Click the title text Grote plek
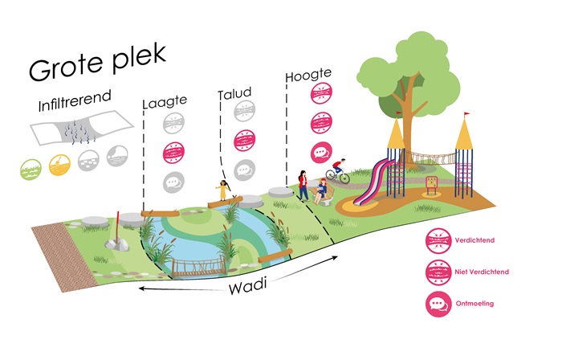(97, 62)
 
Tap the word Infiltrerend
(75, 100)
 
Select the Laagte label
(165, 102)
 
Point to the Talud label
(234, 93)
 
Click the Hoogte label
(308, 75)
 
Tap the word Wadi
(248, 287)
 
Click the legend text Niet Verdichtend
(482, 272)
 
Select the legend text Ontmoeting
(474, 303)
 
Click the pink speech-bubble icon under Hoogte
(321, 153)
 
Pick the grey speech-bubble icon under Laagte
(174, 182)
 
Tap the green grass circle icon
(31, 169)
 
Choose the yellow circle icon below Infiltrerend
(59, 165)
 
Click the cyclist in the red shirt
(338, 171)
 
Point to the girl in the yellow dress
(223, 190)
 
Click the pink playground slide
(373, 182)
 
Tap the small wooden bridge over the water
(199, 268)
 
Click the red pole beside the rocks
(117, 227)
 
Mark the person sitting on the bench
(320, 191)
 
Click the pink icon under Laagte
(174, 153)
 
